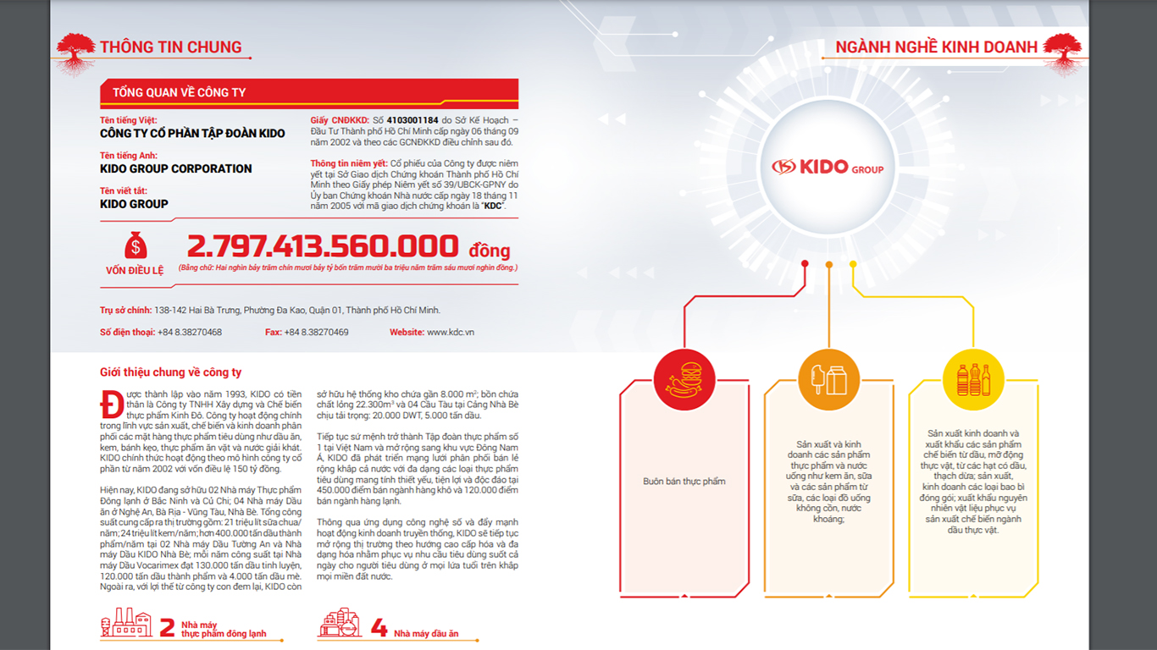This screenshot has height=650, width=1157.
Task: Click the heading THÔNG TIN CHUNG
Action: click(x=170, y=47)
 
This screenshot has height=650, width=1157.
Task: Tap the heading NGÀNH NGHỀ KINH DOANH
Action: click(x=936, y=47)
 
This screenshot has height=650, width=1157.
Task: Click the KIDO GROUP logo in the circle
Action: click(x=827, y=167)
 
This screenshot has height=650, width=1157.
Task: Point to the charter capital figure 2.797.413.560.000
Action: click(x=323, y=246)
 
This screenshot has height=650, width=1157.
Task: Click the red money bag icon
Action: click(x=136, y=246)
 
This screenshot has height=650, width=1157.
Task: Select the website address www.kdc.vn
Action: click(x=450, y=333)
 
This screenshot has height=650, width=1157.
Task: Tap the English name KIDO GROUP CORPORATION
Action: click(x=175, y=168)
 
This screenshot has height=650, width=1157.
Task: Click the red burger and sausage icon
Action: click(x=684, y=380)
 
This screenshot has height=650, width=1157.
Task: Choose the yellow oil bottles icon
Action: click(x=973, y=380)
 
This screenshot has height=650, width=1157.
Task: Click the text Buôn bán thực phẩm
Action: click(x=684, y=482)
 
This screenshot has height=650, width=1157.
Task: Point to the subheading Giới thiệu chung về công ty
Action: click(x=170, y=372)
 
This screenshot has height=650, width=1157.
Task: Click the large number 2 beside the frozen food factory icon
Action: click(x=168, y=628)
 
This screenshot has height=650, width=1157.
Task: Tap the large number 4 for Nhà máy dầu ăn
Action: click(x=379, y=628)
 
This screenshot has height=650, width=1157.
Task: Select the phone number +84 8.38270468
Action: click(x=190, y=333)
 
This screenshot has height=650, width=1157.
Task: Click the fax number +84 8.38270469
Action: click(x=316, y=333)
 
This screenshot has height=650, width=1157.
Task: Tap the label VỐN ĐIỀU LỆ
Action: click(x=135, y=271)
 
